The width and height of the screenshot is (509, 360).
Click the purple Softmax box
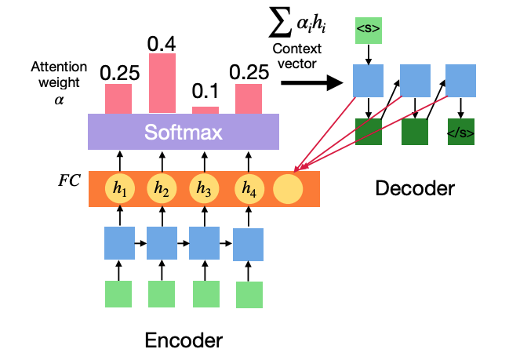click(x=184, y=132)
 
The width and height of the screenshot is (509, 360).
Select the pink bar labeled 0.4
click(x=162, y=83)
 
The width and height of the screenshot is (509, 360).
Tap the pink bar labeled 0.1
click(x=205, y=111)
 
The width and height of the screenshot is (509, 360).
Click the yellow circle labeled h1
click(x=120, y=188)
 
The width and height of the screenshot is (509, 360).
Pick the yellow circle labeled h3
click(x=204, y=188)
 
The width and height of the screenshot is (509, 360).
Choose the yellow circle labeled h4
click(x=249, y=188)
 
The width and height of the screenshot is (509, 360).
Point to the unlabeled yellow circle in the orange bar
click(x=288, y=188)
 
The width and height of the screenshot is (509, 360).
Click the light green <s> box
click(x=369, y=31)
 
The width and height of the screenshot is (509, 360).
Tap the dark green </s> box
click(x=461, y=132)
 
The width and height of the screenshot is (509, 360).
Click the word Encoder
click(x=184, y=340)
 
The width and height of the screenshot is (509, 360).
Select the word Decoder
click(x=415, y=188)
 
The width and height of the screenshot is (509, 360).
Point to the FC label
click(x=69, y=180)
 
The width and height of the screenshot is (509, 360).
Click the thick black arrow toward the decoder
click(x=312, y=83)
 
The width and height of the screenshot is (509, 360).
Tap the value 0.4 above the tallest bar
click(x=162, y=44)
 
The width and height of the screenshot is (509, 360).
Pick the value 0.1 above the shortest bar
click(x=205, y=91)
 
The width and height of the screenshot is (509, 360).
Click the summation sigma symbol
click(x=280, y=22)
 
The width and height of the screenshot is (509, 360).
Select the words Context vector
click(x=297, y=56)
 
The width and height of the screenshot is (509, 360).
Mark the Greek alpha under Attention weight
click(x=59, y=100)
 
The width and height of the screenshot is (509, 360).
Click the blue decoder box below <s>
click(x=368, y=81)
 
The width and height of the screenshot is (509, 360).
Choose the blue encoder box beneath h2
click(x=162, y=243)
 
